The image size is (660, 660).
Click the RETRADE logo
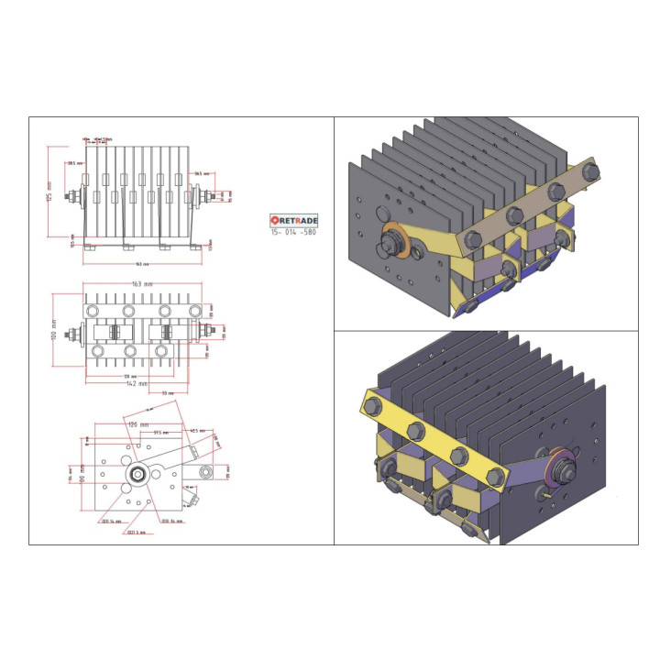[x=293, y=220]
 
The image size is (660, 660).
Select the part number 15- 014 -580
[x=293, y=233]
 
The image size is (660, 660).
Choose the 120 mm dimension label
[x=139, y=424]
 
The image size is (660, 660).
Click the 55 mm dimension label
[x=168, y=392]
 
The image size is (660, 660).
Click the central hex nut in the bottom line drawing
[x=137, y=474]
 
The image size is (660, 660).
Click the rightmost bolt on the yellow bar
[x=498, y=475]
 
